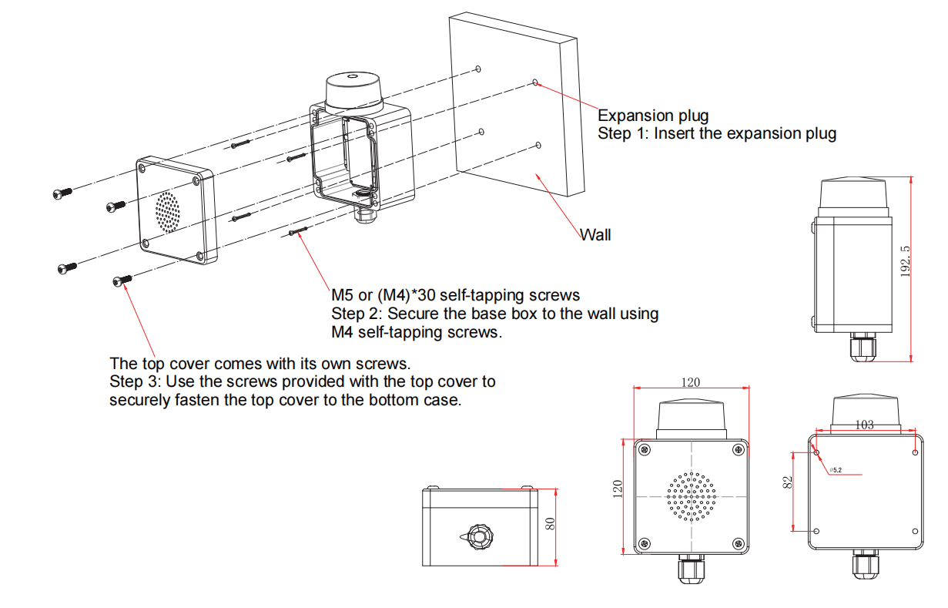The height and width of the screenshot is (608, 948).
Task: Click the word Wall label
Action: (x=595, y=234)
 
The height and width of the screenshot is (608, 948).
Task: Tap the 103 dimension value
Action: (x=864, y=425)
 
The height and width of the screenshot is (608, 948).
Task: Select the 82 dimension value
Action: (x=786, y=483)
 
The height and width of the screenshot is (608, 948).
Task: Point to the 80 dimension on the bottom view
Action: (x=550, y=523)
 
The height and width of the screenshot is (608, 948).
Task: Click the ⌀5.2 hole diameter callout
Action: (x=836, y=469)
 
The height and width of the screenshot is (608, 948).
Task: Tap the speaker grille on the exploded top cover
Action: (x=167, y=210)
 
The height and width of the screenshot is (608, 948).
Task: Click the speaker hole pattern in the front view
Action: (x=691, y=496)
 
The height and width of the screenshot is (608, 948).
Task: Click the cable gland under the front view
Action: (x=690, y=570)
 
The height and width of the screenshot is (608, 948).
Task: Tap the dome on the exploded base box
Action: (x=352, y=89)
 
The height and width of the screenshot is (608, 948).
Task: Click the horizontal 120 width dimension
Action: (x=691, y=381)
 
